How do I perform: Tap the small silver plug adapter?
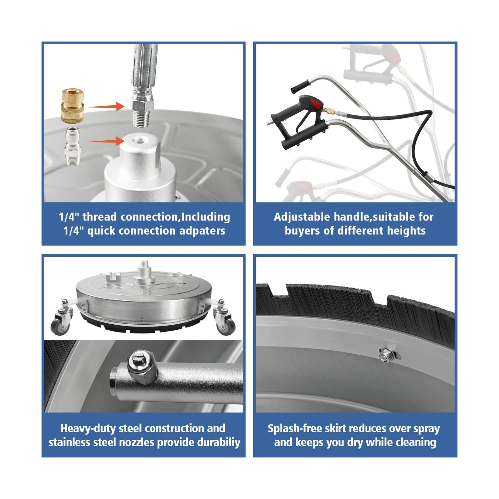point(73,146)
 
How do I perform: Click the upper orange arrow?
point(106,107)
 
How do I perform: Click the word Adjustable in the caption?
point(302,217)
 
